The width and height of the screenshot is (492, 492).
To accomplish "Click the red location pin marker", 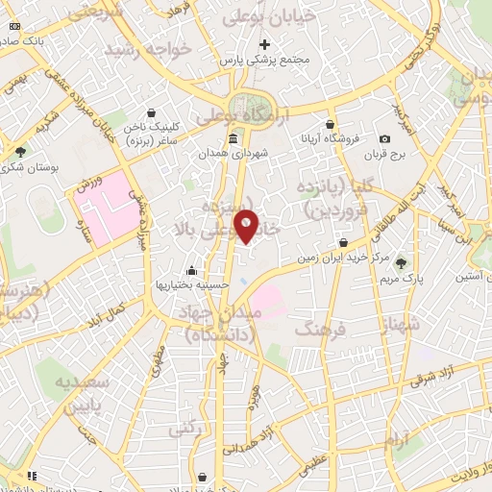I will (247, 226).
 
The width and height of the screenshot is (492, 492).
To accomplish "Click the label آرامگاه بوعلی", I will (236, 115).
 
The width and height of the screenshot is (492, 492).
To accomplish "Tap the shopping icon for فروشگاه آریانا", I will (330, 124).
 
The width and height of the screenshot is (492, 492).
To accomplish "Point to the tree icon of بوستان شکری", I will (20, 151).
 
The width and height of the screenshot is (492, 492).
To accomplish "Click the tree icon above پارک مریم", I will (401, 262).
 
